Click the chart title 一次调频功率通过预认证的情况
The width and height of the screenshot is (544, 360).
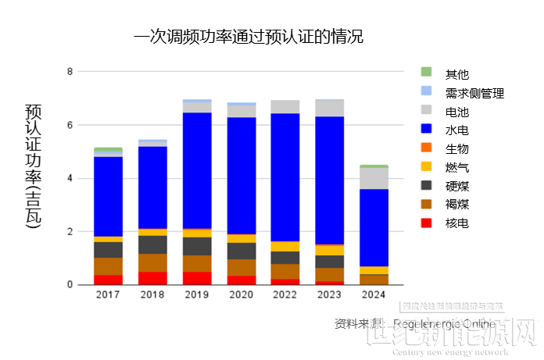pos(249,37)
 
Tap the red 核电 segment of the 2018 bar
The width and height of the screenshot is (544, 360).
pos(152,278)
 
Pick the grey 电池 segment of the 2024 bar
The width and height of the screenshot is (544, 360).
pos(374,178)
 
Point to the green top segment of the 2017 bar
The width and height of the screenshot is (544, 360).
pos(108,149)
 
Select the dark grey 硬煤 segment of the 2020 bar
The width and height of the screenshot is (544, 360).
pos(241,251)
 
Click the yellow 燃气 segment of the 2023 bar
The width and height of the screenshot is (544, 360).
pos(329,250)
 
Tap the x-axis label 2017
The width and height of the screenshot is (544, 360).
pos(108,295)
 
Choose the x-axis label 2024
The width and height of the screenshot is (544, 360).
pos(374,295)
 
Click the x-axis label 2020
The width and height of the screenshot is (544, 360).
pos(241,295)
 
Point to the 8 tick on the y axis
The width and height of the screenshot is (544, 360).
pos(70,72)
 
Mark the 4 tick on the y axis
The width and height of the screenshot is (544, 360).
pos(70,178)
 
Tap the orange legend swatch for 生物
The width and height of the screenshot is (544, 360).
pos(426,148)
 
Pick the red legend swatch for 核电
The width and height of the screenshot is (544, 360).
pos(426,223)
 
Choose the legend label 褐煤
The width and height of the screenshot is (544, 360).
pos(457,205)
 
